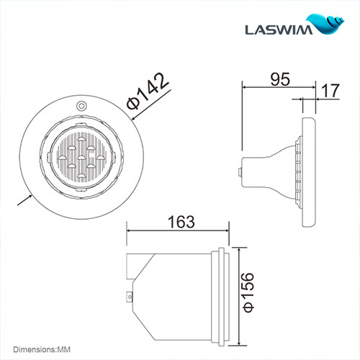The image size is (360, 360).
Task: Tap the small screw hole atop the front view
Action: [81, 105]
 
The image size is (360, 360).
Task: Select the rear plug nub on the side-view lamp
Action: [239, 171]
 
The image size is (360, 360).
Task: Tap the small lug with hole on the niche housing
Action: [130, 294]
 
